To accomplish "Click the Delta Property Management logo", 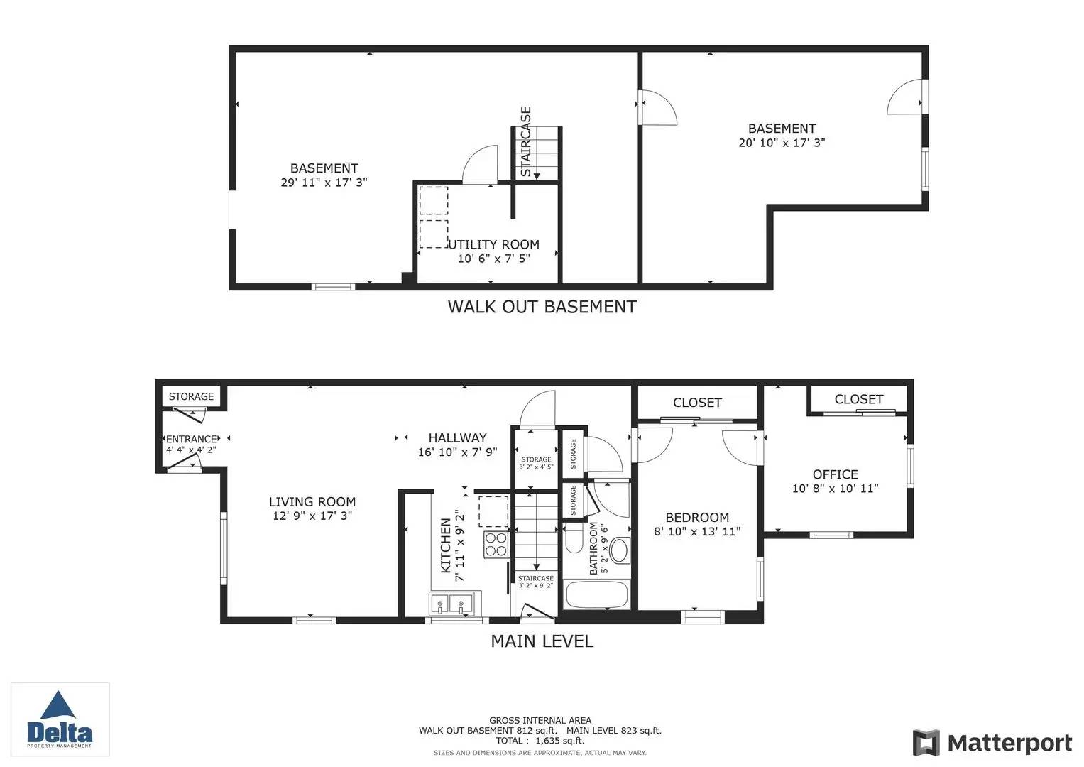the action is pos(60,719).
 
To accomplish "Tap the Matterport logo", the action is pos(992,742).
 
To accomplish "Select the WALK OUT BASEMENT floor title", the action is pos(542,307).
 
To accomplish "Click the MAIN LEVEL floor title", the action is pos(542,641).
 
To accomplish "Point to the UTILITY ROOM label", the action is pos(494,244).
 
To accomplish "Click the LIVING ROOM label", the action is pos(312,501).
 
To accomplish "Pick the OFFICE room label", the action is pos(836,474).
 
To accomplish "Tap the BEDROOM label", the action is pos(697,518).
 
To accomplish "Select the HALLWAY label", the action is pos(457,437).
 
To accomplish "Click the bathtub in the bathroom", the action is pos(597,594).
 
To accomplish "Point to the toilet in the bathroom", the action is pos(574,540).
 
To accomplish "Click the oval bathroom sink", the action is pos(620,550).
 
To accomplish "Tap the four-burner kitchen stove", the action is pos(496,544).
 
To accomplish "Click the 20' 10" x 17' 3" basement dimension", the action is pos(782,143).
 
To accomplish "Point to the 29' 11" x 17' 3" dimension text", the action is pos(324,183).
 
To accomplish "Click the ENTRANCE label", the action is pos(191,439).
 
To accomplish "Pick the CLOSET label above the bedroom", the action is pos(697,403).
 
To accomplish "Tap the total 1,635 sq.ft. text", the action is pos(540,740).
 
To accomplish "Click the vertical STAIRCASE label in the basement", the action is pos(525,141).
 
